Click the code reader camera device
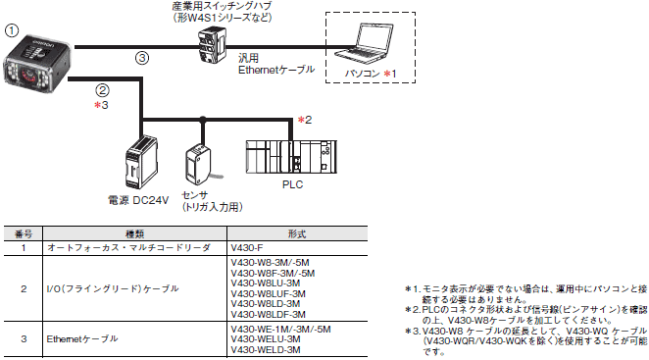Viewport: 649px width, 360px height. pos(37,64)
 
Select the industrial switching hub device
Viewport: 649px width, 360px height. pos(212,44)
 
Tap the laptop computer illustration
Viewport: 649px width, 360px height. pos(365,43)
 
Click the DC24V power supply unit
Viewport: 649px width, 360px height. pos(141,162)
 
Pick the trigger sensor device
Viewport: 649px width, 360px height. pos(199,165)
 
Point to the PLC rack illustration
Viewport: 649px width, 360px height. pos(291,156)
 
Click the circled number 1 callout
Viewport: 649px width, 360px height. pos(12,30)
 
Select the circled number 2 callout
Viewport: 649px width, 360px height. pos(102,90)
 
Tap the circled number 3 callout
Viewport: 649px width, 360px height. pos(142,58)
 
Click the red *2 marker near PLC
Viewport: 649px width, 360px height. pos(305,120)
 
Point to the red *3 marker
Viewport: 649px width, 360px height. pos(101,105)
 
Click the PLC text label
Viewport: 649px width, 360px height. pos(292,184)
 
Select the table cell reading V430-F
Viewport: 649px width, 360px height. pos(247,248)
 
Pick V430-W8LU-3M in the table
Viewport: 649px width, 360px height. pos(266,283)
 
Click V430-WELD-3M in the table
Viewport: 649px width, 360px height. pos(266,349)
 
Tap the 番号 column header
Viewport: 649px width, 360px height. pos(24,234)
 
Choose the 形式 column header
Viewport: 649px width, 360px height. pos(297,234)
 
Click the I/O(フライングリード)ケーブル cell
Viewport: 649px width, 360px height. pos(113,288)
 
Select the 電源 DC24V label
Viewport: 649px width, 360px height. pos(138,200)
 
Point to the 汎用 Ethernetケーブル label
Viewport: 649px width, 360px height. pos(276,64)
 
